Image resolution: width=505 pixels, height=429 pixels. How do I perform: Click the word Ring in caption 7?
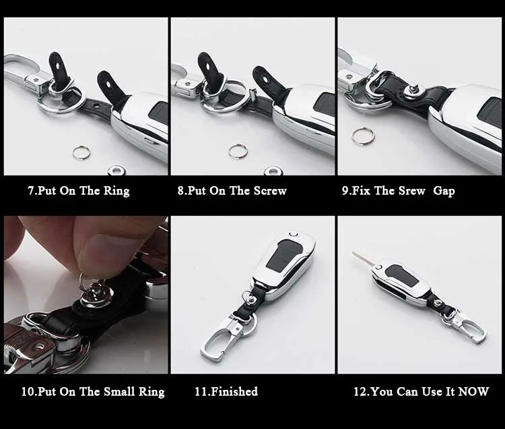[x=116, y=191]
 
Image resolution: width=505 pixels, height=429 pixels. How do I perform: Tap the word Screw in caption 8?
[x=270, y=191]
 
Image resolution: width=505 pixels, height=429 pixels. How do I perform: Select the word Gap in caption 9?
[x=444, y=191]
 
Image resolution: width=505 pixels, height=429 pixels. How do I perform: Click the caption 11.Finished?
[x=226, y=391]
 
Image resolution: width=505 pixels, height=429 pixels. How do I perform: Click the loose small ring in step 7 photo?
[x=81, y=152]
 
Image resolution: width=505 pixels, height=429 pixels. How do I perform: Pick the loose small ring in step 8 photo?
[x=238, y=151]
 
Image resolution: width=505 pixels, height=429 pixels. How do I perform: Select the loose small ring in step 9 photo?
[x=364, y=135]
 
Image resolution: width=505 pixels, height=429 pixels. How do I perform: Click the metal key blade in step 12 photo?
[x=364, y=259]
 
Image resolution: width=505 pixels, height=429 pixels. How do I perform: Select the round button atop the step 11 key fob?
[x=294, y=235]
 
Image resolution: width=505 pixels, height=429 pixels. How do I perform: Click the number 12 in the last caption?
[x=360, y=391]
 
